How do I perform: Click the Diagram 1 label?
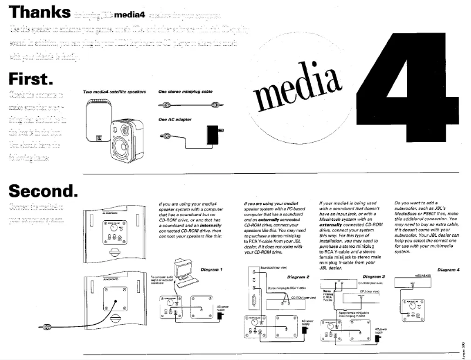tap(211, 270)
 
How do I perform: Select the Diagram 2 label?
tap(298, 276)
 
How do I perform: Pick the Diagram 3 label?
tap(374, 276)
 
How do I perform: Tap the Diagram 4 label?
tap(449, 270)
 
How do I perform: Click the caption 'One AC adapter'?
tap(175, 119)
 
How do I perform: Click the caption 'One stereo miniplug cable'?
tap(185, 92)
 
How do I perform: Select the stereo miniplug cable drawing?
tap(187, 105)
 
